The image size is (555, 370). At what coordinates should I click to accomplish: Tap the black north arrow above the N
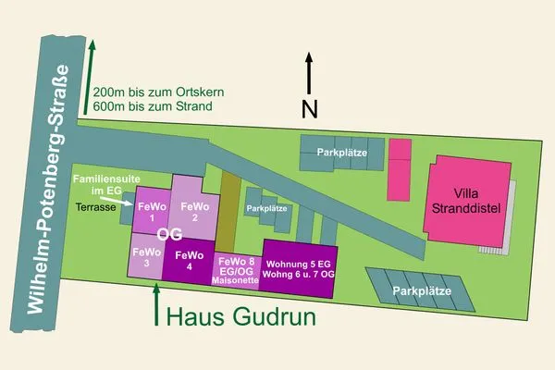tap(310, 72)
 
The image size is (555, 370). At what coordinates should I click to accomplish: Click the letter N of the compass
tap(311, 109)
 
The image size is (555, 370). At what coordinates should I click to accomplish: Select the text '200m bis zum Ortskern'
tap(157, 92)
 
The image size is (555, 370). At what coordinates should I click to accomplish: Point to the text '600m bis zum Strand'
tap(153, 106)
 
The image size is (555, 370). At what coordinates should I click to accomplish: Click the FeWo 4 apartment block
tap(189, 260)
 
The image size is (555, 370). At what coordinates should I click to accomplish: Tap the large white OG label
tap(169, 235)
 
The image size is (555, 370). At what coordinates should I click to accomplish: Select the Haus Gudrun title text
tap(240, 317)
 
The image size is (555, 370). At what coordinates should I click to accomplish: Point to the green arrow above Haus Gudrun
tap(156, 301)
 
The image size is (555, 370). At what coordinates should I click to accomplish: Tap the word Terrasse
tap(95, 208)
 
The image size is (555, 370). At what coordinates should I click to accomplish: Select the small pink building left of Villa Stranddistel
tap(399, 170)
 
